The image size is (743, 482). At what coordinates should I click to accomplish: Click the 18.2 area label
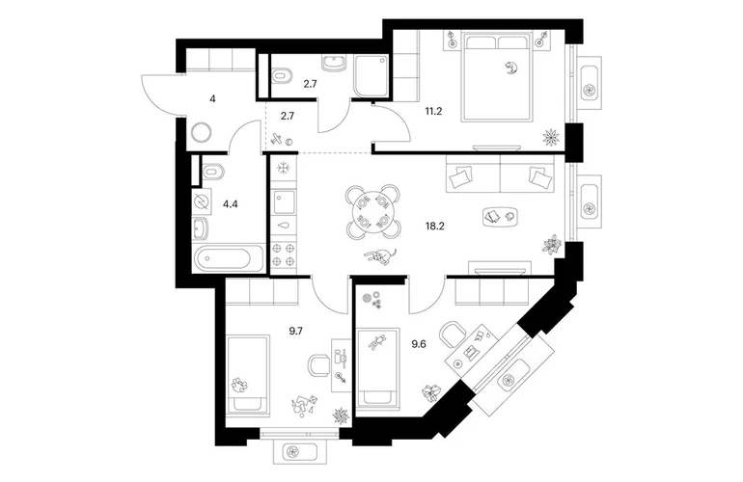click(434, 226)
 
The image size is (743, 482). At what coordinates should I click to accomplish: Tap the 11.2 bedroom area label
click(433, 111)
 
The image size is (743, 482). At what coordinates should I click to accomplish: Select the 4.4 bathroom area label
click(231, 204)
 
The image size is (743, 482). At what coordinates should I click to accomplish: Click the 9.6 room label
click(419, 344)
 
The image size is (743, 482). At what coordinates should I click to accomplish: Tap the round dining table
click(371, 212)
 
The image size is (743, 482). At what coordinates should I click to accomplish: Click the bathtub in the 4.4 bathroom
click(229, 258)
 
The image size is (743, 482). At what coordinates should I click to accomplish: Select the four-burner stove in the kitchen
click(283, 254)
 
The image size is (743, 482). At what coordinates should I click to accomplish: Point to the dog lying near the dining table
click(380, 256)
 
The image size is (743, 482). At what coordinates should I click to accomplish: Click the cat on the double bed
click(510, 68)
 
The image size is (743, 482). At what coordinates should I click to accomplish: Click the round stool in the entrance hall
click(203, 133)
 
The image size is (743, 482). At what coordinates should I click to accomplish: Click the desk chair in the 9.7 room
click(319, 366)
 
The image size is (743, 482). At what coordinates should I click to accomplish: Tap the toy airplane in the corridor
click(276, 139)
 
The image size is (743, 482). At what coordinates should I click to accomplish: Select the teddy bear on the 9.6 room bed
click(377, 341)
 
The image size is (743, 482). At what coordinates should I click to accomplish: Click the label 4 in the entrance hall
click(212, 99)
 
